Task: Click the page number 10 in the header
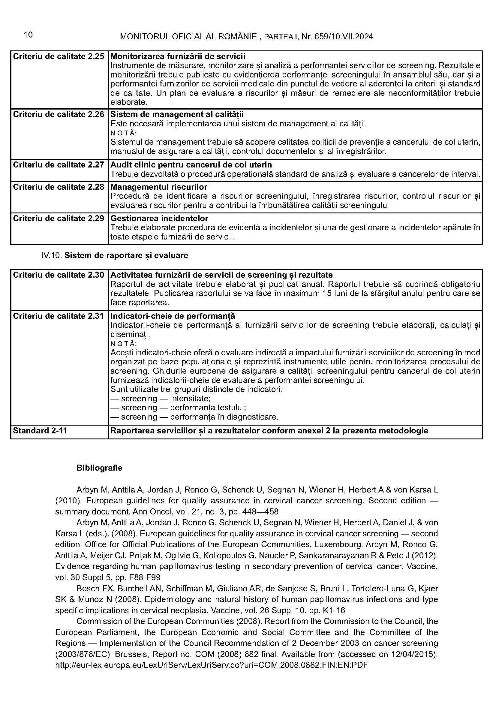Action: tap(28, 35)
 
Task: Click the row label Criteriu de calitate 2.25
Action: tap(59, 56)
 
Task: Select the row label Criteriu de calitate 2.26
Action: tap(59, 114)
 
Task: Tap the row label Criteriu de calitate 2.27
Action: tap(59, 165)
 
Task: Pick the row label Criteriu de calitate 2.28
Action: tap(59, 187)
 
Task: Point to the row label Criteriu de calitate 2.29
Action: tap(59, 218)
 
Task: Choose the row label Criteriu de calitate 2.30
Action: tap(59, 275)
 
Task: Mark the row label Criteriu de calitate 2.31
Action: tap(59, 316)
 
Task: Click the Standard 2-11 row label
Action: tap(40, 431)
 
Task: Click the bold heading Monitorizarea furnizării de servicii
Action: tap(178, 56)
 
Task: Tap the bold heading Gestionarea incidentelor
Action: tap(159, 218)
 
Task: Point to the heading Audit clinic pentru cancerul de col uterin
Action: tap(191, 165)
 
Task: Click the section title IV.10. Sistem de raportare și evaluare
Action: tap(115, 255)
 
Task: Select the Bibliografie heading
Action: tap(99, 468)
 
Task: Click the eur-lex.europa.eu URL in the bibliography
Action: tap(212, 665)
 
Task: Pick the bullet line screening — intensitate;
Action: tap(161, 399)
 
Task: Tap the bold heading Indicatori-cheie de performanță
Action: tap(173, 316)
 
